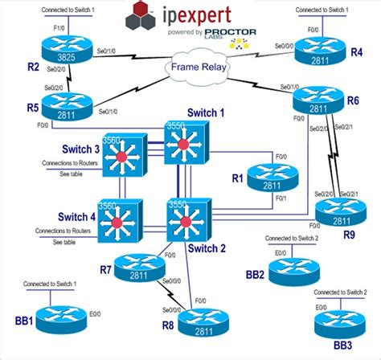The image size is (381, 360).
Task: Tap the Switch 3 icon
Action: point(125,157)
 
